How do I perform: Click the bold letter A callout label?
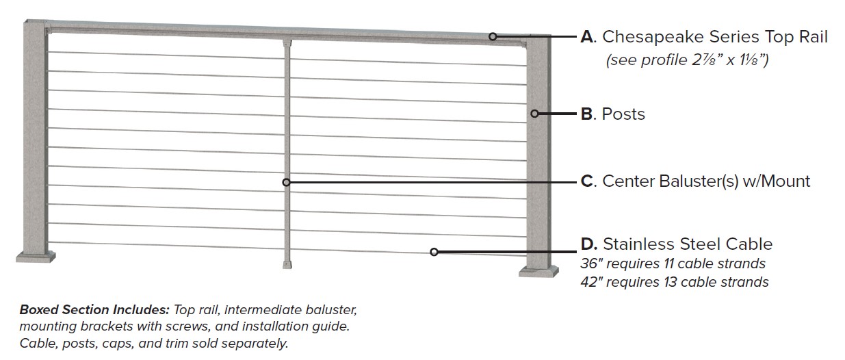(x=587, y=37)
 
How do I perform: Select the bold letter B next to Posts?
(x=586, y=114)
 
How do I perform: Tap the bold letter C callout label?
(x=587, y=181)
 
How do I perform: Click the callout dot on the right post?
(x=536, y=114)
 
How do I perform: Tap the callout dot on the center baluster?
(x=286, y=182)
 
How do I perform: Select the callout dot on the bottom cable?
(x=434, y=252)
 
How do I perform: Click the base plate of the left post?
(x=36, y=257)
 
